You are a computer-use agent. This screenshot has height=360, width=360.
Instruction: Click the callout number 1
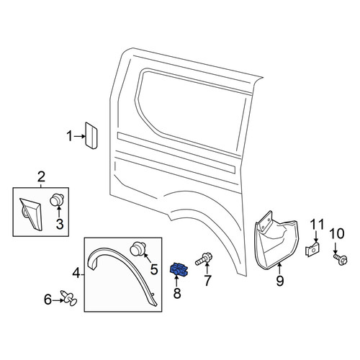pyautogui.click(x=69, y=136)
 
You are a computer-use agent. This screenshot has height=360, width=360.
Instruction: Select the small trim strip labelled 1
pyautogui.click(x=91, y=135)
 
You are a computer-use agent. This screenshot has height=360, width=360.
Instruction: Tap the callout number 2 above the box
pyautogui.click(x=41, y=177)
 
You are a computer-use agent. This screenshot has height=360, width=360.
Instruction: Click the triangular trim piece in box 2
pyautogui.click(x=31, y=214)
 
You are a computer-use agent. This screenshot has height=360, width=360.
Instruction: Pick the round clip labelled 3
pyautogui.click(x=57, y=200)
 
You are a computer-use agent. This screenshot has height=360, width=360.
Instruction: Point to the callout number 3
pyautogui.click(x=60, y=224)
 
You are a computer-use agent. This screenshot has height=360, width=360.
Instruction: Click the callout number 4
pyautogui.click(x=76, y=274)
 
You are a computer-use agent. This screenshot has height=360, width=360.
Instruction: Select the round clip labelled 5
pyautogui.click(x=138, y=249)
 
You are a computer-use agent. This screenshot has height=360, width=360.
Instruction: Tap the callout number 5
pyautogui.click(x=154, y=269)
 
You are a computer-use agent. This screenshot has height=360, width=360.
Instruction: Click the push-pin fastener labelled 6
pyautogui.click(x=68, y=299)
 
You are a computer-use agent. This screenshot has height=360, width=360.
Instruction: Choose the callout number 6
pyautogui.click(x=48, y=300)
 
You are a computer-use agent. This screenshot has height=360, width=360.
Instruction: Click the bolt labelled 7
pyautogui.click(x=204, y=259)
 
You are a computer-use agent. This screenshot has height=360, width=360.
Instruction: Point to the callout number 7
pyautogui.click(x=207, y=281)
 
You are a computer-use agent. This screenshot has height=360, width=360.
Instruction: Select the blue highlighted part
pyautogui.click(x=179, y=269)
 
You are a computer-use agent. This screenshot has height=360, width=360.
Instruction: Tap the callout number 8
pyautogui.click(x=177, y=293)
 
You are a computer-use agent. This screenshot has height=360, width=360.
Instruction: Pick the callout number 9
pyautogui.click(x=280, y=281)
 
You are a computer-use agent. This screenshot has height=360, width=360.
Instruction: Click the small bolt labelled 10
pyautogui.click(x=341, y=259)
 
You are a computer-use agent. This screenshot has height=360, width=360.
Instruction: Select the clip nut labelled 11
pyautogui.click(x=313, y=250)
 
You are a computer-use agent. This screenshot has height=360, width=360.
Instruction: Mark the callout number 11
pyautogui.click(x=317, y=225)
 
